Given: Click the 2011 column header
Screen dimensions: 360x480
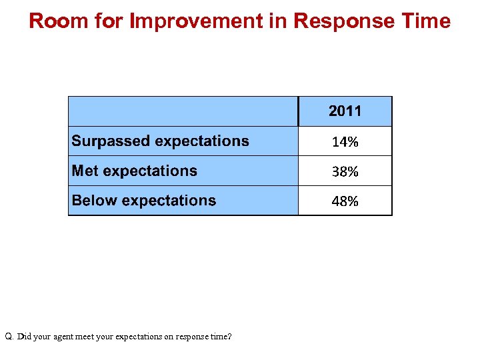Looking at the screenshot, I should click(345, 111).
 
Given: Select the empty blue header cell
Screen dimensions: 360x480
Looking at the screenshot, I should click(183, 111).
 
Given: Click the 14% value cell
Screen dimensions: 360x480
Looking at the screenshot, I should click(345, 141).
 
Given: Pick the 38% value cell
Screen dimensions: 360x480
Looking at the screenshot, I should click(345, 171).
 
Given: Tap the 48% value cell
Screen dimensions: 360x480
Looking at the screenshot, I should click(345, 201).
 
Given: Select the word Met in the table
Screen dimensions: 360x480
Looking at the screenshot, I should click(85, 171).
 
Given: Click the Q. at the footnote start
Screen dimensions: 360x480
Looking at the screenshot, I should click(9, 337).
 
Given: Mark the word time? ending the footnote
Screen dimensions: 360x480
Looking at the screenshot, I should click(219, 337).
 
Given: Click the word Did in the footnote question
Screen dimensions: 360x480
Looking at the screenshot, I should click(24, 337).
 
